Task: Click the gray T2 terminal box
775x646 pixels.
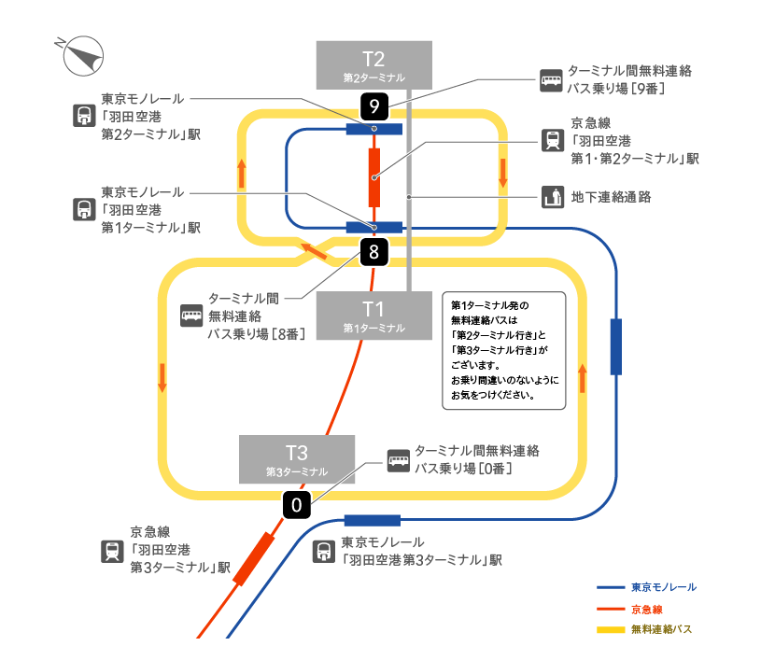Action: (373, 63)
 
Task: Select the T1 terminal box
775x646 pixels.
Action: (373, 315)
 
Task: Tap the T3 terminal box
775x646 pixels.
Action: (296, 458)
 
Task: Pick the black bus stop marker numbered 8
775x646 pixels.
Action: (373, 251)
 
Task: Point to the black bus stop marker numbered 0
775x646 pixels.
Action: (296, 506)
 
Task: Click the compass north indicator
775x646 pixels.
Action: (82, 55)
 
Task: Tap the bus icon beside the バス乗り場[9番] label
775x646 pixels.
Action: (551, 80)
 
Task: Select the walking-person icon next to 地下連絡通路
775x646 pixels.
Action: (551, 197)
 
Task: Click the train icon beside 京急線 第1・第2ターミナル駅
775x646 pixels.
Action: (551, 140)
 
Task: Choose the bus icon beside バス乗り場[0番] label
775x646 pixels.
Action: (398, 460)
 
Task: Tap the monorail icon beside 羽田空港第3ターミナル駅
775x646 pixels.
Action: (323, 552)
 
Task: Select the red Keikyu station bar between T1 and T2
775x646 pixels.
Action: (374, 176)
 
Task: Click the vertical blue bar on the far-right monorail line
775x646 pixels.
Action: (615, 346)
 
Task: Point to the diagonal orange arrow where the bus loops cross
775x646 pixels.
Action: (308, 248)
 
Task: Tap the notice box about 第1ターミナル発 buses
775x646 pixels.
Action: (504, 350)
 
